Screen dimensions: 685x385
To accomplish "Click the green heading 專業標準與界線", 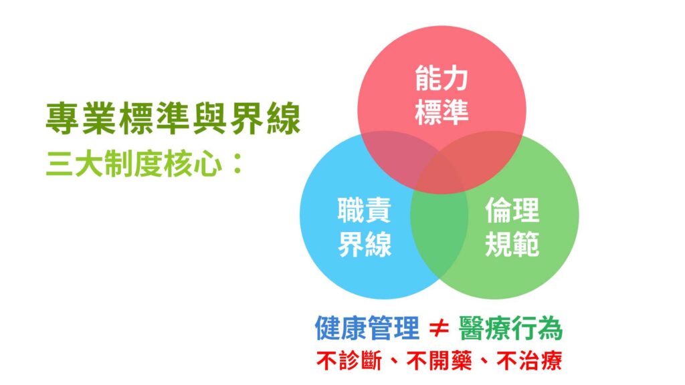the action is tap(173, 118).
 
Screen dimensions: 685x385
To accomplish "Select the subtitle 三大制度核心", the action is tap(133, 164).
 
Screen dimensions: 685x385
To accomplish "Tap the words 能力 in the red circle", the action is tap(442, 79).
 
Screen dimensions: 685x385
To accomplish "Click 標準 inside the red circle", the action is tap(442, 112).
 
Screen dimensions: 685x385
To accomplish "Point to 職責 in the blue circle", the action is tap(364, 211).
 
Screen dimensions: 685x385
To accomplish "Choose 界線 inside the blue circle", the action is tap(364, 244).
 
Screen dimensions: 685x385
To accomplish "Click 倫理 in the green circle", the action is tap(512, 211).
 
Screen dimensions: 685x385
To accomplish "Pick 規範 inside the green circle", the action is tap(512, 244).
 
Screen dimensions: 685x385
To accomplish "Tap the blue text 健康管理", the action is tap(367, 328).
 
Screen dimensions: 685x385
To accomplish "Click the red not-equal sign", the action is tap(439, 328).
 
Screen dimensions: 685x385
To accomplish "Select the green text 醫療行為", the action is tap(510, 328).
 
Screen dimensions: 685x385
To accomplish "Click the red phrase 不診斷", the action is tap(349, 360).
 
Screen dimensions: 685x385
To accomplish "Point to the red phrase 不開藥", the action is tap(439, 360).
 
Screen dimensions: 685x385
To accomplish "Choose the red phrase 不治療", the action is tap(530, 360).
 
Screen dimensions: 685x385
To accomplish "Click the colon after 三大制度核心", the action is tap(237, 164).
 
